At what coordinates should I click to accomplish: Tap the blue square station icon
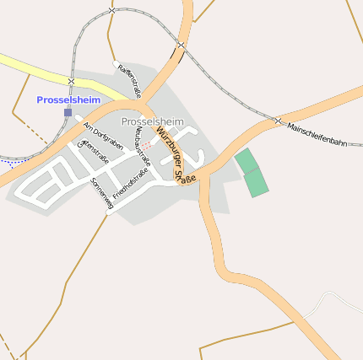[x=68, y=111]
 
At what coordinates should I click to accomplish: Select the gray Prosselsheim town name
[x=152, y=122]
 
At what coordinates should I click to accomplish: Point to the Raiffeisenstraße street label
[x=130, y=81]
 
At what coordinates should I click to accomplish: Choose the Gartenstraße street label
[x=89, y=156]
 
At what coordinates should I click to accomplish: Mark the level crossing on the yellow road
[x=71, y=81]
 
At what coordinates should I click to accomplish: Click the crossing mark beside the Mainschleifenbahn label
[x=278, y=121]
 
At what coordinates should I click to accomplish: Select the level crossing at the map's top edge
[x=111, y=10]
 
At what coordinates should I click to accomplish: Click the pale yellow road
[x=34, y=69]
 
